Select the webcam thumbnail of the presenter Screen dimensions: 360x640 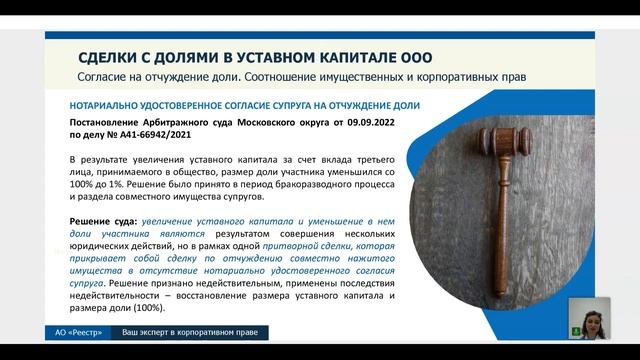588,318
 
